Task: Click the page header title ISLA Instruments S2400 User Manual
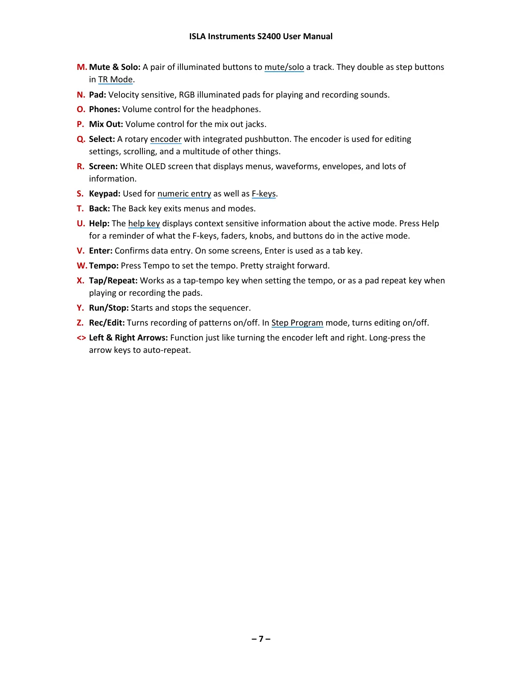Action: coord(261,36)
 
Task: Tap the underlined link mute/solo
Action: coord(284,67)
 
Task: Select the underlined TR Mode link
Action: coord(115,79)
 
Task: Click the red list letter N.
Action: coord(81,95)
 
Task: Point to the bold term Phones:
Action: coord(104,109)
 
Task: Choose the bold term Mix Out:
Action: coord(106,124)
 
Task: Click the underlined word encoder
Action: coord(165,139)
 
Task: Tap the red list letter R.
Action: coord(80,166)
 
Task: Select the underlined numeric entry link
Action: coord(184,193)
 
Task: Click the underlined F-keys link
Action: coord(264,193)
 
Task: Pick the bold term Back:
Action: coord(99,208)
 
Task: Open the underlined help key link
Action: coord(144,223)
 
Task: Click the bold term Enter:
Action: coord(101,251)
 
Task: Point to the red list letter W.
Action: coord(81,265)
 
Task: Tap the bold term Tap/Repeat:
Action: coord(113,280)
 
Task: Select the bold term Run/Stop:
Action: coord(109,308)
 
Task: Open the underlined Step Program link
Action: coord(297,323)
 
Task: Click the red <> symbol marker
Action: coord(81,338)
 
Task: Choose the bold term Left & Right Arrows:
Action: coord(128,337)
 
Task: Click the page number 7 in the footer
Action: coord(261,638)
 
